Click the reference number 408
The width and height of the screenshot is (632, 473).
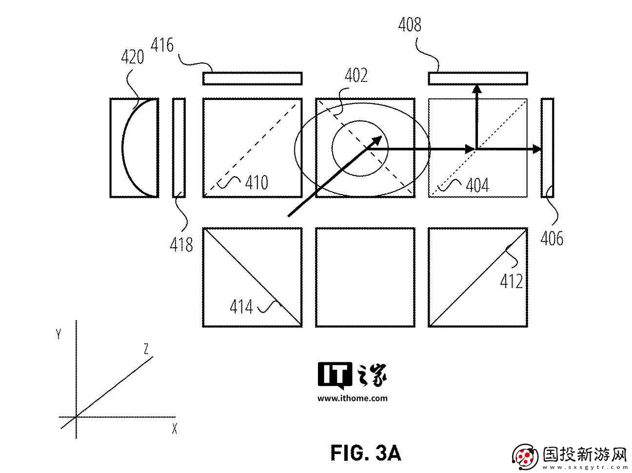click(410, 24)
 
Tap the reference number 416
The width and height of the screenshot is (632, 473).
click(162, 45)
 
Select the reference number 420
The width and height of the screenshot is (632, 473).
click(133, 57)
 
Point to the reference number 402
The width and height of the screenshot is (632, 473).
click(356, 76)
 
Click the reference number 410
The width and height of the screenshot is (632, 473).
click(257, 182)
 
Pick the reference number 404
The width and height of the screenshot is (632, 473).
click(477, 185)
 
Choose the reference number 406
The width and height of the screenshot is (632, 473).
click(552, 238)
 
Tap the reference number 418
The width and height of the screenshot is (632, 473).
click(181, 245)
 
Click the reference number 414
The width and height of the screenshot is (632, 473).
click(241, 307)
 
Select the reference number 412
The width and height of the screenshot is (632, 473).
click(512, 281)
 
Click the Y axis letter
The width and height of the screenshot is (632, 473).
click(59, 335)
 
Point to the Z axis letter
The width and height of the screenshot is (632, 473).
click(146, 349)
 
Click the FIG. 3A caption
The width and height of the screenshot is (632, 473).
click(365, 453)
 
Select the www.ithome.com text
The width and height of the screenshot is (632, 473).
click(353, 398)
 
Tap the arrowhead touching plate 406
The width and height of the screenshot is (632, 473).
click(537, 149)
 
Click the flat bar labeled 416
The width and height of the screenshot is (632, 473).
click(253, 79)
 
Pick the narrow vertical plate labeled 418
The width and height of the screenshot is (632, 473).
click(179, 148)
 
